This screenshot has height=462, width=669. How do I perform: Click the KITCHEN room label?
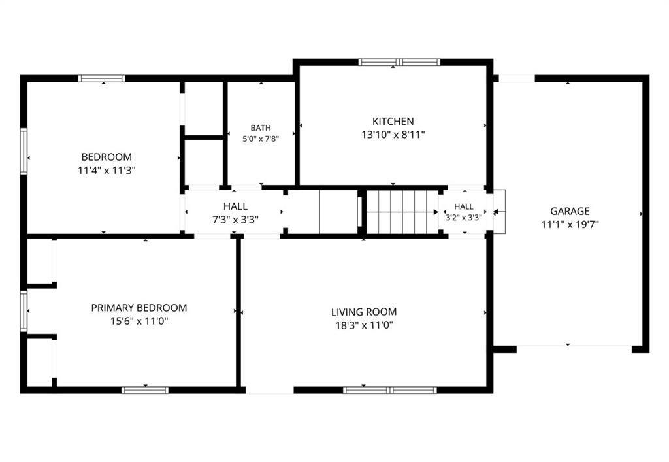point(393,121)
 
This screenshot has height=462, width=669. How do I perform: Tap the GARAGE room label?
point(570,211)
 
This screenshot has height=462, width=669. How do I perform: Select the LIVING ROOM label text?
point(364,312)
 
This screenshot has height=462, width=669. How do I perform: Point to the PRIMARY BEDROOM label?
point(139,308)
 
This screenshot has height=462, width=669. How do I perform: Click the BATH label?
point(261,128)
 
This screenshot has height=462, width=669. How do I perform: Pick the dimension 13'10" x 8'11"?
point(393,135)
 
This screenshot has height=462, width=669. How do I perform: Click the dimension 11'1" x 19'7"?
point(570,224)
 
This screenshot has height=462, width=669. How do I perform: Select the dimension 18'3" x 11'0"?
point(364,325)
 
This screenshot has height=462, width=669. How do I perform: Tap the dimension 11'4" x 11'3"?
point(106,171)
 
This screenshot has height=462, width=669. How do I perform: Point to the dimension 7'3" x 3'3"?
point(235,220)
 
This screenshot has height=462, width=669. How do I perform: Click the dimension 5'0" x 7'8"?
point(261,139)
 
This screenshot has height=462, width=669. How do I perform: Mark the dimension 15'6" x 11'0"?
point(139,321)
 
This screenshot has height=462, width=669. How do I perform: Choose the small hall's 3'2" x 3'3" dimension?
point(464,217)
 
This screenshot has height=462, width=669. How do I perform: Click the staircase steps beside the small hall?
point(402,212)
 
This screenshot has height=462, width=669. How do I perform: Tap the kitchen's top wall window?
point(399,62)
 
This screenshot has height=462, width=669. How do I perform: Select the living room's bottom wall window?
point(390,390)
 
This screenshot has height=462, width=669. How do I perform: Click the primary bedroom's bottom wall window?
point(145,390)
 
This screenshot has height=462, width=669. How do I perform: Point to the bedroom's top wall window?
point(101,78)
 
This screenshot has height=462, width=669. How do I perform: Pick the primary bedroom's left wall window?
point(24,312)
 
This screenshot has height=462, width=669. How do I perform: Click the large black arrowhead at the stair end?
point(436,212)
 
